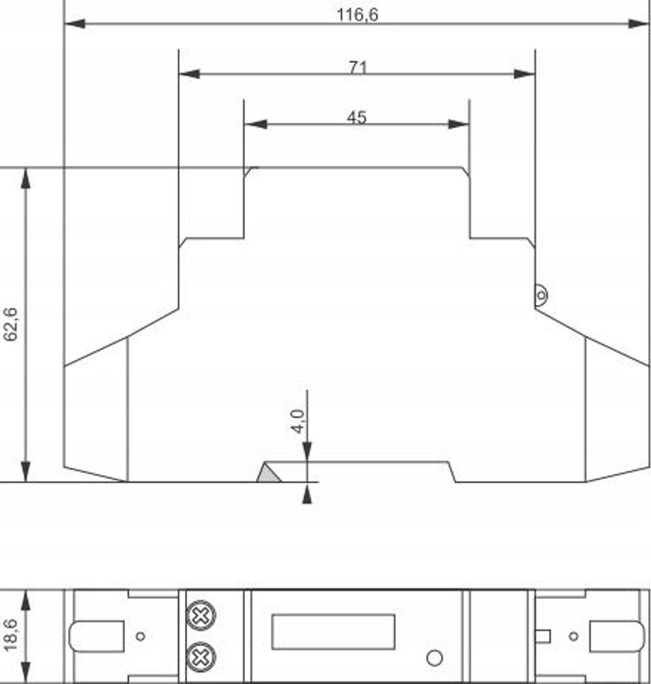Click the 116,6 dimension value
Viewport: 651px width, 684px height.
point(357,15)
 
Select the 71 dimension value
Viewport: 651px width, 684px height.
point(358,67)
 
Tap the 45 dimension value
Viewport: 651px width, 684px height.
point(357,117)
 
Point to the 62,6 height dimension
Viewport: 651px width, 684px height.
point(11,324)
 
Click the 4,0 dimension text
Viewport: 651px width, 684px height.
point(298,421)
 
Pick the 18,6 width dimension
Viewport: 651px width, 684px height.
point(11,635)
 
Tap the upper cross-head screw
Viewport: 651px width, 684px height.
point(201,615)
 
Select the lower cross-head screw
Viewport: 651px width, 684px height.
point(201,657)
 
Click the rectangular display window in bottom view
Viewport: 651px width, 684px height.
point(333,632)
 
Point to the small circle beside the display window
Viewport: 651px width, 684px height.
point(434,658)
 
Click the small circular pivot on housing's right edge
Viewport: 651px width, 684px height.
point(541,295)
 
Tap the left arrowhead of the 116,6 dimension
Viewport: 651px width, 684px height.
point(75,23)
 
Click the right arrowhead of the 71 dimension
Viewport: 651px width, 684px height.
point(524,74)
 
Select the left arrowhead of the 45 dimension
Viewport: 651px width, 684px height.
point(256,124)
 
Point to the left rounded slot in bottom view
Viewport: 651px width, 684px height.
point(96,637)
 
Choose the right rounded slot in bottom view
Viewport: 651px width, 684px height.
point(617,637)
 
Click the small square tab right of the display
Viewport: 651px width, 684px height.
point(542,637)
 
